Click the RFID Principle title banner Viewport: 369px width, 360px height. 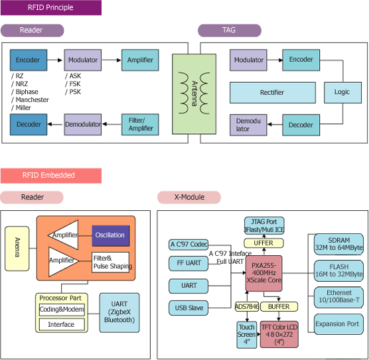(51, 7)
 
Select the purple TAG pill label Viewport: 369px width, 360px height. (230, 30)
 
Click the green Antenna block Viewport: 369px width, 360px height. (194, 94)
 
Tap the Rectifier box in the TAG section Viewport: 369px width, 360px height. (273, 93)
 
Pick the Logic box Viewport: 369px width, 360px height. (342, 92)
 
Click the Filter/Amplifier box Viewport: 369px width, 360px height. (140, 125)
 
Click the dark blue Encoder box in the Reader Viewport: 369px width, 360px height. (29, 60)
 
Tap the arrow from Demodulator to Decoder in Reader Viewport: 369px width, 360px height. (56, 125)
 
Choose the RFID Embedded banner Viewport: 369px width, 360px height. (51, 176)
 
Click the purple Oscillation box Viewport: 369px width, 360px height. (111, 235)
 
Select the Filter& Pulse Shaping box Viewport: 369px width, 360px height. (111, 262)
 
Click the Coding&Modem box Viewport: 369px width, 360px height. (62, 310)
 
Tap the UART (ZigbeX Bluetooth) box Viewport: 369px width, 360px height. (119, 312)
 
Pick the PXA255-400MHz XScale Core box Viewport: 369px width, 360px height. (263, 273)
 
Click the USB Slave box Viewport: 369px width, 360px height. (188, 308)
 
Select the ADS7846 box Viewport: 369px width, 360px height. (247, 306)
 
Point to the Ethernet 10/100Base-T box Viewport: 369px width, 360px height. (338, 297)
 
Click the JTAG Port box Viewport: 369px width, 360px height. (264, 225)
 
